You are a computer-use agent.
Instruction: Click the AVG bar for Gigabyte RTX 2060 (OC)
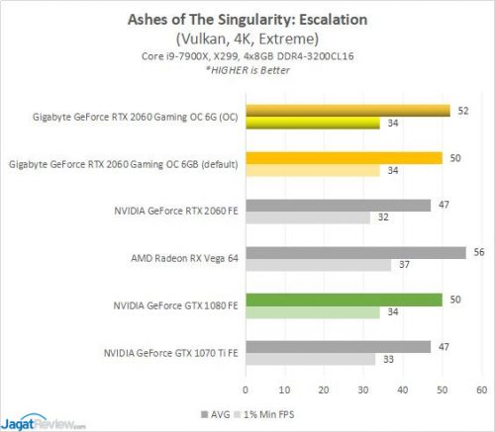tap(347, 111)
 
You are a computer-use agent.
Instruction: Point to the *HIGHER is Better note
tap(247, 72)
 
